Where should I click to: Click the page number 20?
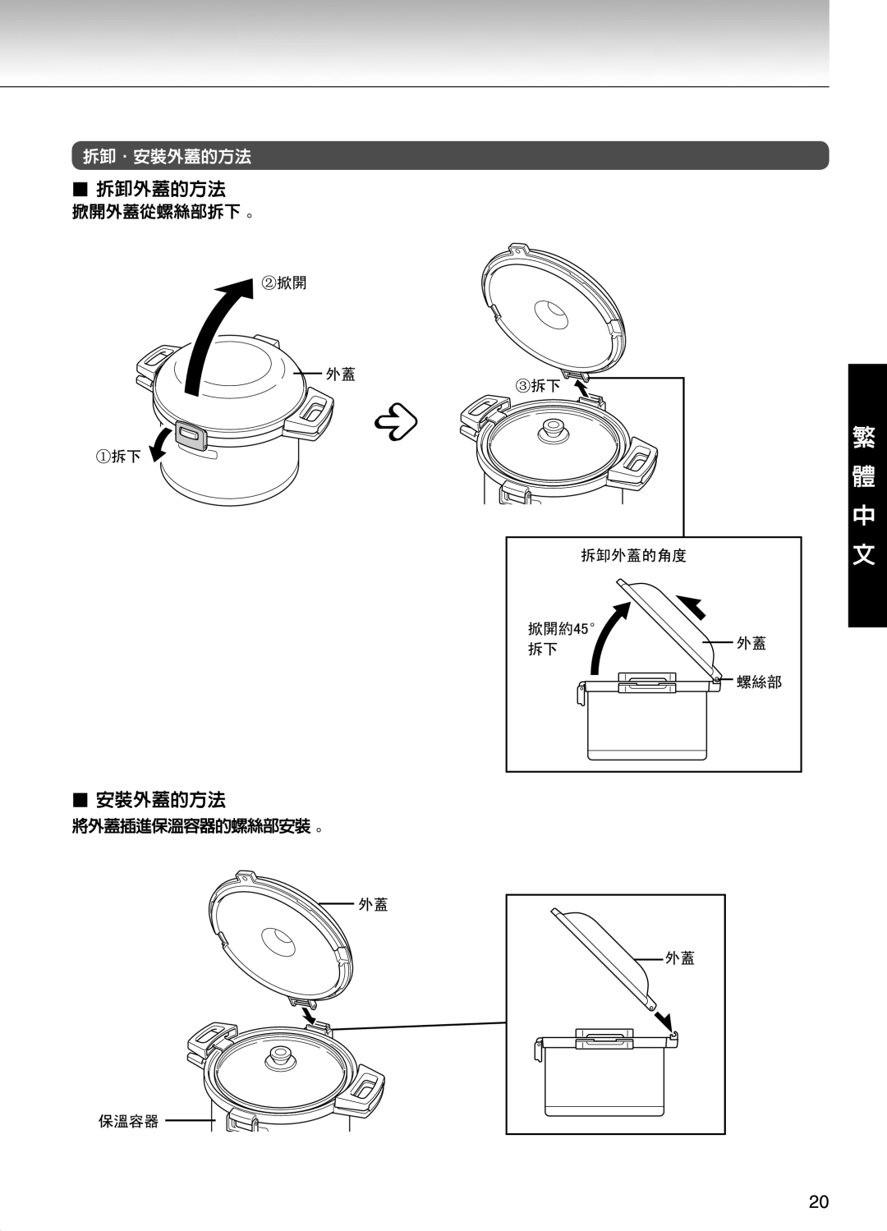(x=818, y=1202)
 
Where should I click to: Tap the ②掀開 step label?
(x=284, y=283)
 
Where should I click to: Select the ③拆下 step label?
(x=538, y=386)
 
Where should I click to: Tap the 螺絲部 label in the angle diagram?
(x=759, y=682)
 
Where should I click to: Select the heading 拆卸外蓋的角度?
(x=633, y=556)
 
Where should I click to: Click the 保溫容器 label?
(x=129, y=1121)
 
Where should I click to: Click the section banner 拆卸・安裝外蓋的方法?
(x=167, y=156)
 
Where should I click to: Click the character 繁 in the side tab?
(x=862, y=435)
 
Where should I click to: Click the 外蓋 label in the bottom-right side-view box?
(x=681, y=958)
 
